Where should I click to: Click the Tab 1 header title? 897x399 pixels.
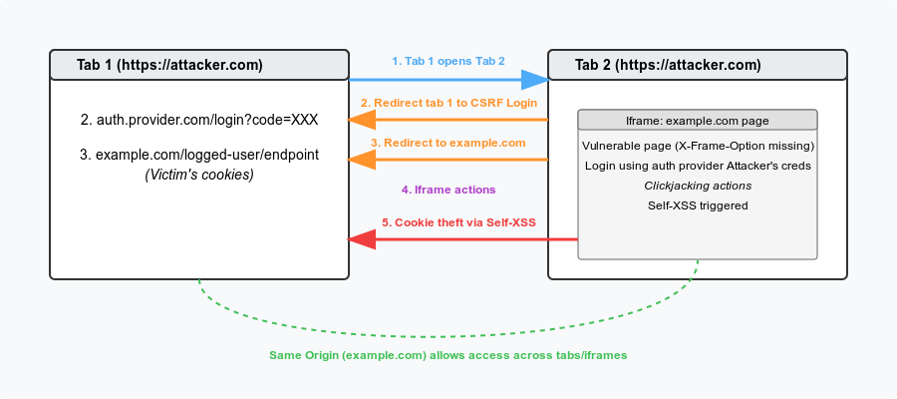(169, 65)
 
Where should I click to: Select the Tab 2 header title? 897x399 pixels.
(668, 65)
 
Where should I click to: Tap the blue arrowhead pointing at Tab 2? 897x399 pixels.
(535, 80)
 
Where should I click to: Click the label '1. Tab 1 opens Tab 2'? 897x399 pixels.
(448, 61)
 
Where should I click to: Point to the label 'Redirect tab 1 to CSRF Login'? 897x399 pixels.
(454, 103)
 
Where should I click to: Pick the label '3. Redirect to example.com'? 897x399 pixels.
(448, 143)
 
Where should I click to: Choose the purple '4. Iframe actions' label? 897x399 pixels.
(448, 190)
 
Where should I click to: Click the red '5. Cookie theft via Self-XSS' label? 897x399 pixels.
(458, 222)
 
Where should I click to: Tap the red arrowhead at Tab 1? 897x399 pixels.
(362, 239)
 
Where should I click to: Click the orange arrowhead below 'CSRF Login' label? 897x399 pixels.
(362, 120)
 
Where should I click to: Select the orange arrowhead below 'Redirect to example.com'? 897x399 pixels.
(362, 160)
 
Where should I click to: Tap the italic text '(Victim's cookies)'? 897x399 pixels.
(199, 175)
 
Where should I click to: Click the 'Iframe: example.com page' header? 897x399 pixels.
(698, 121)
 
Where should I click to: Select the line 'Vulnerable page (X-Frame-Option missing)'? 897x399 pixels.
(698, 146)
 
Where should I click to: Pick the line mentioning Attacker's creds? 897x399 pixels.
(698, 166)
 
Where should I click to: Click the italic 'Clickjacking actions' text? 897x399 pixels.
(698, 186)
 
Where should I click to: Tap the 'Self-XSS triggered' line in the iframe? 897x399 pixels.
(698, 205)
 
